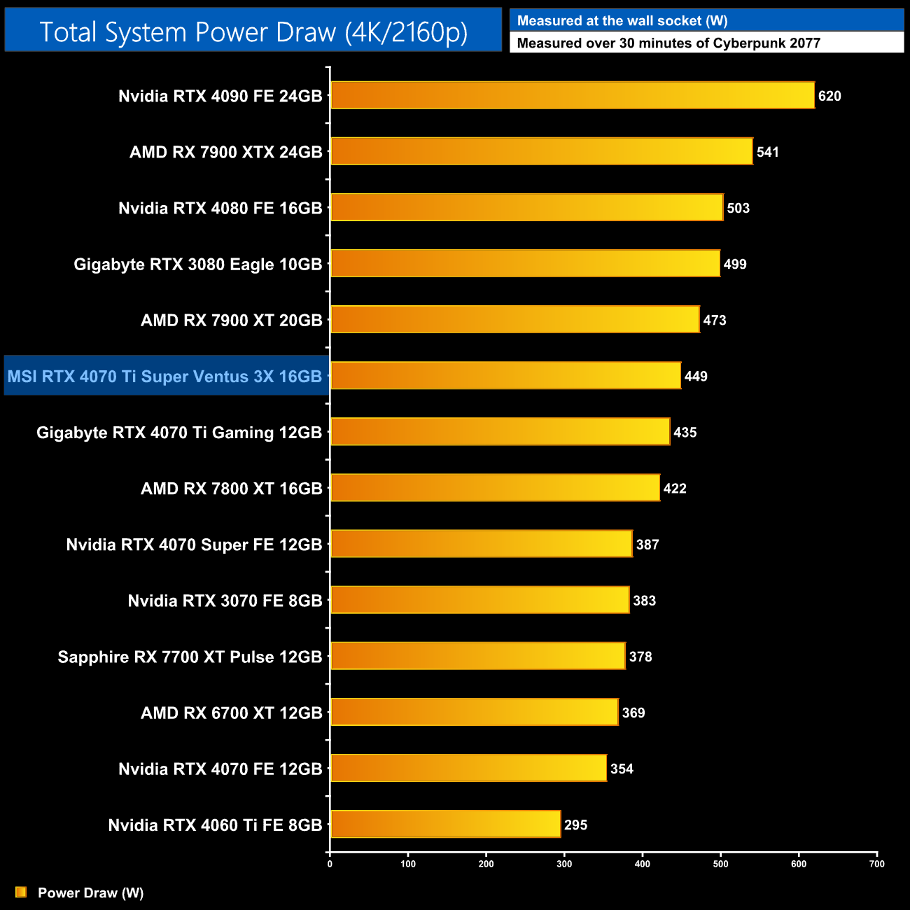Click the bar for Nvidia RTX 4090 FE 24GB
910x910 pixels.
(x=573, y=95)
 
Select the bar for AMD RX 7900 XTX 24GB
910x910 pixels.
(x=542, y=151)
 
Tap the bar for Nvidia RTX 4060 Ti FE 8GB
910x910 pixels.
(x=445, y=824)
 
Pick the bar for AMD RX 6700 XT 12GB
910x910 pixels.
(x=475, y=712)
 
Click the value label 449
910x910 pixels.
(x=696, y=377)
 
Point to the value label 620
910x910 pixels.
(x=829, y=96)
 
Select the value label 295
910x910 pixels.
(x=575, y=825)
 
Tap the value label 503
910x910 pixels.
(x=738, y=208)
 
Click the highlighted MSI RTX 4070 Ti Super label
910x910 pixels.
(x=165, y=377)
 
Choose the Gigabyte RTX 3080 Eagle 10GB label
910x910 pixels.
(x=198, y=265)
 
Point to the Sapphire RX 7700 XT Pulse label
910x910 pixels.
(x=190, y=657)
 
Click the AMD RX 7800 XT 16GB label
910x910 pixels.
(x=232, y=489)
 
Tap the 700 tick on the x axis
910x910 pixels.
(x=877, y=864)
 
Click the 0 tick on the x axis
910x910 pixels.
(x=330, y=864)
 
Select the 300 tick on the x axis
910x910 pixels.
(x=564, y=864)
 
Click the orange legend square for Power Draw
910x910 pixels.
(x=21, y=892)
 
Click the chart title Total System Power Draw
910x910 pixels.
(x=253, y=31)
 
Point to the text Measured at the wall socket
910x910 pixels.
(x=622, y=21)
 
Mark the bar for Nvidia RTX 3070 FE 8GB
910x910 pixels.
(x=479, y=600)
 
